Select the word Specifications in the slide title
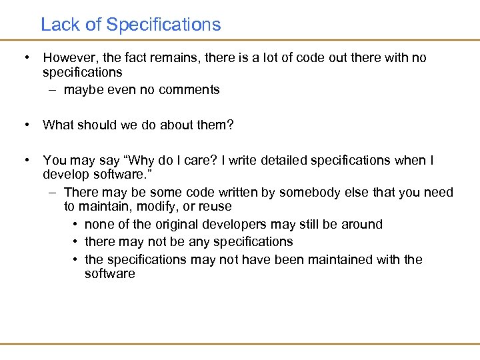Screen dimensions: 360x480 [163, 25]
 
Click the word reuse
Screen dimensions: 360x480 [215, 207]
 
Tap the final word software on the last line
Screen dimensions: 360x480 [110, 274]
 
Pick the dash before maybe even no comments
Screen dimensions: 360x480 [53, 90]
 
